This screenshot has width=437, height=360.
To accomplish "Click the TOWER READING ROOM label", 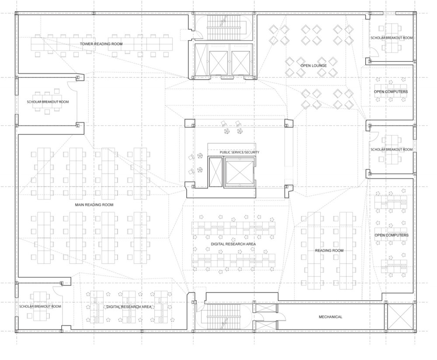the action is coord(101,44).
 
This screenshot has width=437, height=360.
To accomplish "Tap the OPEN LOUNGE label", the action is coord(313,66).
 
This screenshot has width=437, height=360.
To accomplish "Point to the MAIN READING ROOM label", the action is coord(94,205).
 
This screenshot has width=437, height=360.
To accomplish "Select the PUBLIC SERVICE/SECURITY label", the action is coord(239,152).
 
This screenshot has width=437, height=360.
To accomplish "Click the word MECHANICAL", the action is coord(330,317).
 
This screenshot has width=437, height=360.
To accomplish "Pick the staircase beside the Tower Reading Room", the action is coord(223,28).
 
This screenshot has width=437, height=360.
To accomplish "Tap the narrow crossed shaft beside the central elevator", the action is coord(216,171).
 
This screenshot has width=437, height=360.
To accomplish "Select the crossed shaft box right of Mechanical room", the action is coord(400,317).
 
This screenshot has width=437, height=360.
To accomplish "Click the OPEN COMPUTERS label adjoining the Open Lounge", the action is coord(391,92).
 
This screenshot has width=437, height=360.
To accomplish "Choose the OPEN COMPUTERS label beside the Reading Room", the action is coord(391,235).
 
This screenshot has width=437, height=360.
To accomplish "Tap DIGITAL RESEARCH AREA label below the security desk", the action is coord(233,244).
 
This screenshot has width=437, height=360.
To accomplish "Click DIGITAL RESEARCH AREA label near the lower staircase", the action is coord(129,307).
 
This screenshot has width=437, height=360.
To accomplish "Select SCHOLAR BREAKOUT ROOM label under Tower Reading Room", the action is coord(48,102).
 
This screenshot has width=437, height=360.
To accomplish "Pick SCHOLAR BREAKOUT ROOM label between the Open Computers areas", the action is coord(392,150).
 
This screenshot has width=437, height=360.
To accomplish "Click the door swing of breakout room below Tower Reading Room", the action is coord(72,86).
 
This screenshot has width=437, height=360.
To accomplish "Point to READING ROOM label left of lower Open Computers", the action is coord(329,250).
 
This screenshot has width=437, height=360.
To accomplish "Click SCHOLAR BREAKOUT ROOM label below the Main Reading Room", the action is coord(40,307).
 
